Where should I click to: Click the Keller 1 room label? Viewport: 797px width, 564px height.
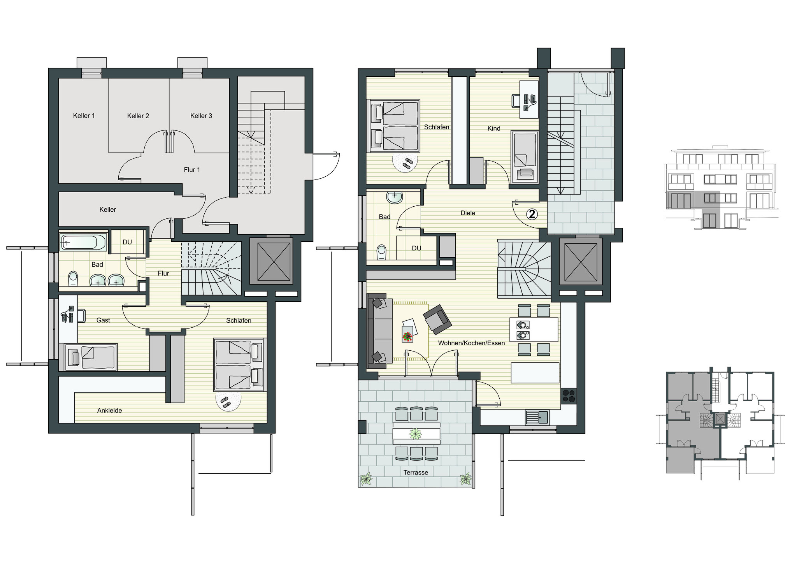pyautogui.click(x=84, y=116)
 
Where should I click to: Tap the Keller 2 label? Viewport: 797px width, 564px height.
pyautogui.click(x=138, y=116)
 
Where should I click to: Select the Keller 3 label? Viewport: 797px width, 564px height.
pyautogui.click(x=201, y=116)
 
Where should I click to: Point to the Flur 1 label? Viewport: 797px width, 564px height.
pyautogui.click(x=192, y=170)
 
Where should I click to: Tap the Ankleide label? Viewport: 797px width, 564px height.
pyautogui.click(x=110, y=410)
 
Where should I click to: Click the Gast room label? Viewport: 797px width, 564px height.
pyautogui.click(x=103, y=320)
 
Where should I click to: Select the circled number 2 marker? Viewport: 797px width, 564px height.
pyautogui.click(x=532, y=213)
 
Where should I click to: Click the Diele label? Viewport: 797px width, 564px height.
pyautogui.click(x=468, y=213)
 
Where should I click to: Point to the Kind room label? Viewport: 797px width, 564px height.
pyautogui.click(x=494, y=128)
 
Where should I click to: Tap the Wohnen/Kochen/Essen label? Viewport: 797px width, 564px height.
pyautogui.click(x=471, y=343)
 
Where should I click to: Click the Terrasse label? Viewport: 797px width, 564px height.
pyautogui.click(x=416, y=473)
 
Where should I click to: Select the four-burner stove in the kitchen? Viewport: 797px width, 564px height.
pyautogui.click(x=568, y=395)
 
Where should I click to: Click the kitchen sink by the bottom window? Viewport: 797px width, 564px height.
pyautogui.click(x=537, y=418)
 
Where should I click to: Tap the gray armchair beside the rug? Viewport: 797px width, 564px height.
pyautogui.click(x=437, y=320)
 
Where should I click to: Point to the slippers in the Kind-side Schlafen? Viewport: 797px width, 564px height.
pyautogui.click(x=407, y=163)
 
